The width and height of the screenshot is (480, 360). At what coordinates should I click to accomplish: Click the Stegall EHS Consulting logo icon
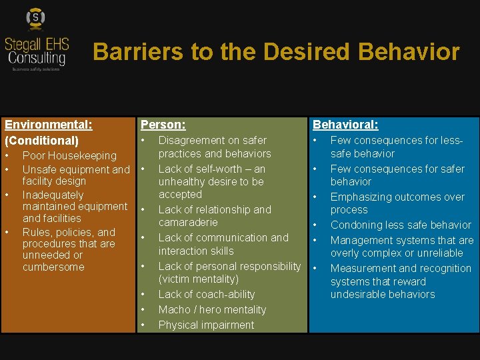pos(35,18)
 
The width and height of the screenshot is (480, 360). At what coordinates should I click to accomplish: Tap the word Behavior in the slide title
pos(409,51)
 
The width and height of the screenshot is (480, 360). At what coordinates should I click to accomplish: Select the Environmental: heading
pos(48,125)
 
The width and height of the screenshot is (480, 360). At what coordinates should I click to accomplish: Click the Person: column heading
pos(163,125)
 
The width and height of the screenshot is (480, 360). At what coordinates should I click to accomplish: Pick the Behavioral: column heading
pos(345,125)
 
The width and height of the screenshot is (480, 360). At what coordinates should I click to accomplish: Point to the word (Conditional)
pos(41,141)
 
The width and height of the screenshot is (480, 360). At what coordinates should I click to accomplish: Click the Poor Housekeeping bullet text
pos(69,156)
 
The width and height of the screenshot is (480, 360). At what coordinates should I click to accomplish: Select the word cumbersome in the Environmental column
pos(53,267)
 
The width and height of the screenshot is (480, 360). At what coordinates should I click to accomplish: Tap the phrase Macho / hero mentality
pos(212,310)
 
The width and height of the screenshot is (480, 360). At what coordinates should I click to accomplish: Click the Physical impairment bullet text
pos(206,325)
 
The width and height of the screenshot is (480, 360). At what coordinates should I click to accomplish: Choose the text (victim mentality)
pos(198,279)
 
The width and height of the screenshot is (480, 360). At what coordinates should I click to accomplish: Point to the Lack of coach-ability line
pos(207,295)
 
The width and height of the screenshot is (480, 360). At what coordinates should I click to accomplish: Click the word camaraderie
pos(188,223)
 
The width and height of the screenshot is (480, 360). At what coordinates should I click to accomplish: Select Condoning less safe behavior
pos(401,225)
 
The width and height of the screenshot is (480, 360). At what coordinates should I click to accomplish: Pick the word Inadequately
pos(53,195)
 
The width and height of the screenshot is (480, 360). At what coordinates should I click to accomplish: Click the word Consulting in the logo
pos(37,59)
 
